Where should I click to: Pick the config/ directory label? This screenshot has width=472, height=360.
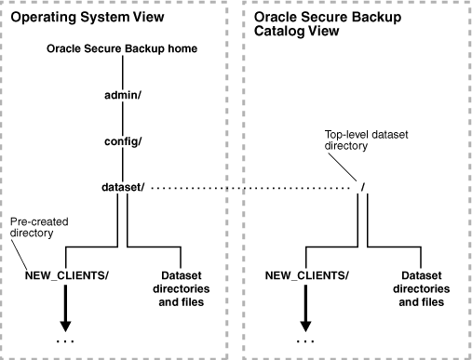[x=120, y=143]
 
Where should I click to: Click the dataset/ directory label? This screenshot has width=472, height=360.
[x=120, y=189]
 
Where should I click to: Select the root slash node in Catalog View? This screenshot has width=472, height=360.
[x=360, y=190]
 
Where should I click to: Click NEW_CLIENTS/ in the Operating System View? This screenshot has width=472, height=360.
[x=65, y=276]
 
